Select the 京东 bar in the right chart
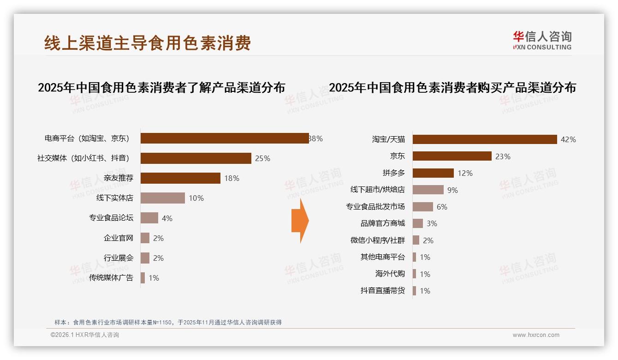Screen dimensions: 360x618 tap(452, 156)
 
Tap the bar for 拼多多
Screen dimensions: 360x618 tap(433, 173)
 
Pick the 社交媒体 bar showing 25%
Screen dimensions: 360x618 tap(196, 158)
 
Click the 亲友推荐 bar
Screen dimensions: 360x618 tap(180, 178)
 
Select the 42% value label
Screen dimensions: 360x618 tap(568, 139)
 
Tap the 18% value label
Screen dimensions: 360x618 tap(232, 178)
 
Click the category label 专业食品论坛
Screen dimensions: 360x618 tap(111, 218)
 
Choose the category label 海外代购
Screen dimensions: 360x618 tap(390, 274)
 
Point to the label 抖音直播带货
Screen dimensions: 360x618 tap(382, 291)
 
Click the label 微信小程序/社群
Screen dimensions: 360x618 tap(377, 240)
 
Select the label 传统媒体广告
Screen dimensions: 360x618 tap(111, 278)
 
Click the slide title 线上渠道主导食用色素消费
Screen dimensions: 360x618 tap(148, 43)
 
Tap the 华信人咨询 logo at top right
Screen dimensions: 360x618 tap(542, 40)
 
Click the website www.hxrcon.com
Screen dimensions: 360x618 tap(536, 335)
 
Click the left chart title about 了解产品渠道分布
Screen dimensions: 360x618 tap(161, 88)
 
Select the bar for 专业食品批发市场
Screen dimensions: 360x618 tap(422, 207)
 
